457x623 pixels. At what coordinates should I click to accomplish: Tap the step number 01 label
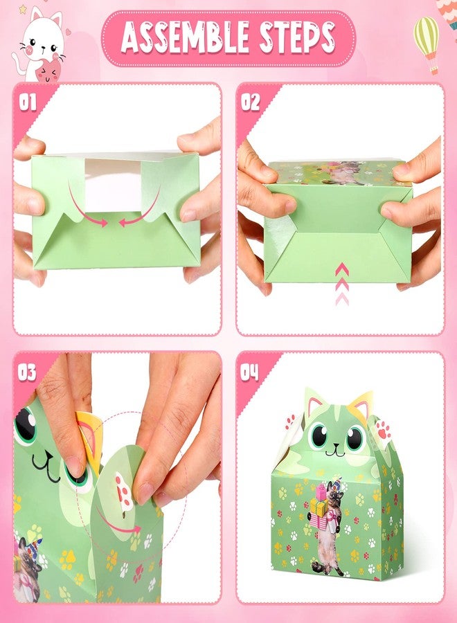pos(28,104)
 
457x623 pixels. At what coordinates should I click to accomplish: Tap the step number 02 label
pos(250,103)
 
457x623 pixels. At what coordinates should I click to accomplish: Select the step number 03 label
pos(27,373)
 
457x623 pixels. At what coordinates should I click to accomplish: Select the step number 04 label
pos(250,373)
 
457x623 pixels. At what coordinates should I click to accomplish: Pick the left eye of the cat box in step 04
pos(320,436)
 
